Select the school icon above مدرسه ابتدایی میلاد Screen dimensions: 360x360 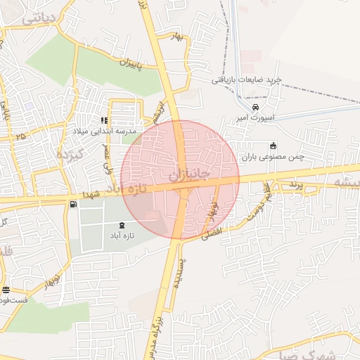104,120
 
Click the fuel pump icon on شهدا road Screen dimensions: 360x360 73,204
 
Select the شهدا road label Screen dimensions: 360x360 93,193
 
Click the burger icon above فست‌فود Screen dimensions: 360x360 6,290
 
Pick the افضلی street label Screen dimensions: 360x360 213,233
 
